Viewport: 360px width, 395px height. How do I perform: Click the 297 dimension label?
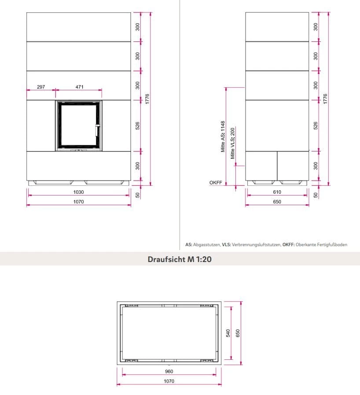click(41, 87)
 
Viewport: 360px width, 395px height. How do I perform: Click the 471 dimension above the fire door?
click(79, 87)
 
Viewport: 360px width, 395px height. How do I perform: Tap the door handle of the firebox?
click(97, 130)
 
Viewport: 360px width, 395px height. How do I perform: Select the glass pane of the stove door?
click(78, 125)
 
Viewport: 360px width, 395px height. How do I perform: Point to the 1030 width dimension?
click(78, 192)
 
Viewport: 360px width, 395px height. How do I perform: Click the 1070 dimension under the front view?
click(78, 202)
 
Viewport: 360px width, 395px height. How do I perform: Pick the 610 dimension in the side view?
click(277, 192)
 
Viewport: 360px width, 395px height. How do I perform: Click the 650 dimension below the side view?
click(277, 202)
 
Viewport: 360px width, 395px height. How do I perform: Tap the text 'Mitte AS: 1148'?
click(223, 137)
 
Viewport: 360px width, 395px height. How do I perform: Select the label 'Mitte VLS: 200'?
click(233, 143)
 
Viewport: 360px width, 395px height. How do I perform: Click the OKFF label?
click(216, 183)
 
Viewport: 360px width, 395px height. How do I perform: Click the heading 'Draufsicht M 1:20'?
click(180, 259)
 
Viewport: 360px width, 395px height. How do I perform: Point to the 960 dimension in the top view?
click(169, 371)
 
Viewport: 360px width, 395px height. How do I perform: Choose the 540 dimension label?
click(228, 333)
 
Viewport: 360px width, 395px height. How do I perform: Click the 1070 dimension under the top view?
click(169, 381)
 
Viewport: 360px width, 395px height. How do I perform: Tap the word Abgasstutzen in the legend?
click(207, 244)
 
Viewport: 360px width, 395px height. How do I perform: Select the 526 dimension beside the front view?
click(137, 126)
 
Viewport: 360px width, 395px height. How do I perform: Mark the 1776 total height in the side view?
click(325, 99)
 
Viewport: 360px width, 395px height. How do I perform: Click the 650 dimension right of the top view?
click(238, 333)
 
